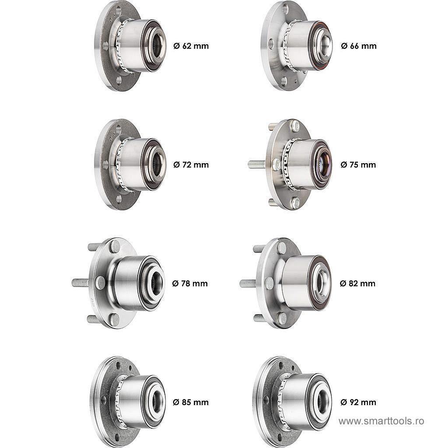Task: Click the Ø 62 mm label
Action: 191,46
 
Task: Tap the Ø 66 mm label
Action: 359,46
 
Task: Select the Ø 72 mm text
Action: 191,165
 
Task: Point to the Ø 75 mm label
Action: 358,165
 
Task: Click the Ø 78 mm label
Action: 190,283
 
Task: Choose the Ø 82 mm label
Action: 357,283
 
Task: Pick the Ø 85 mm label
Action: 191,402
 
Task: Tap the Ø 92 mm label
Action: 358,402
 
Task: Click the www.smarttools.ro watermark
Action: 381,421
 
